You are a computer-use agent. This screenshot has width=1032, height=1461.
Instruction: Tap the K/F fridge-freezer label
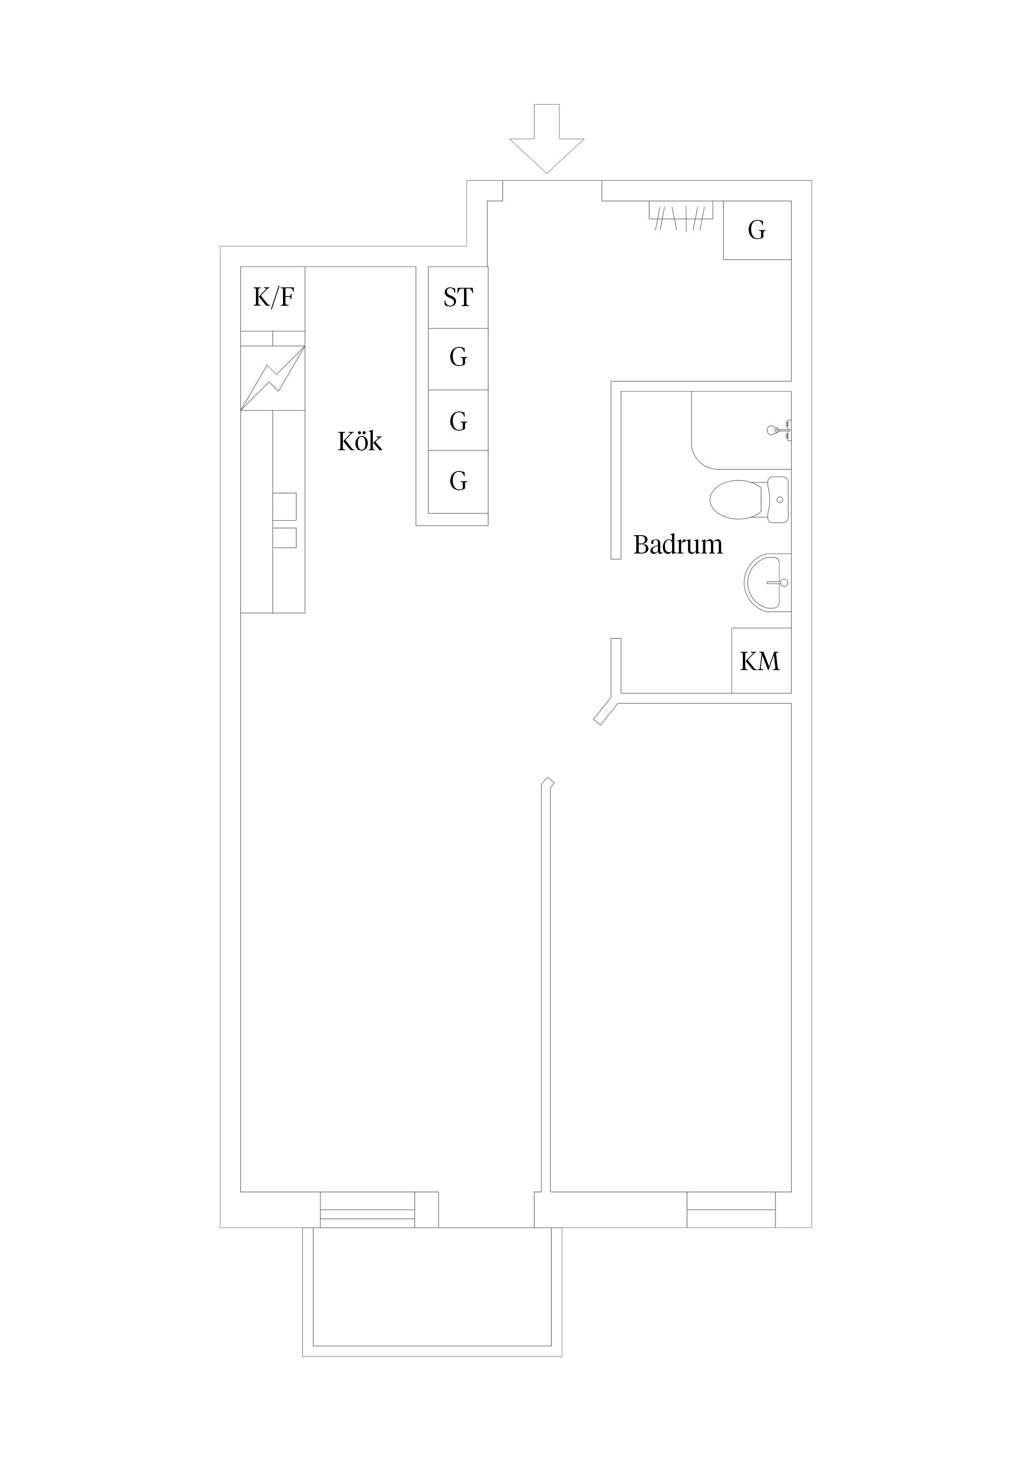(x=273, y=297)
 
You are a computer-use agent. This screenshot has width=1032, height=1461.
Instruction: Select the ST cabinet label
(x=458, y=297)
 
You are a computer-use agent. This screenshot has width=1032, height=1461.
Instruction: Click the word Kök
(x=360, y=441)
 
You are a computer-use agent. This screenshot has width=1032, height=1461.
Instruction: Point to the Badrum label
(x=678, y=545)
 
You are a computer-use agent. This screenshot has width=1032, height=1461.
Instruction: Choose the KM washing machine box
(x=761, y=661)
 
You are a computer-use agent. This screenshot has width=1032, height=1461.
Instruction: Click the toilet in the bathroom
(x=749, y=499)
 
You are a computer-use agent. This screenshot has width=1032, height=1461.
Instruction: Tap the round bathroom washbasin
(x=767, y=582)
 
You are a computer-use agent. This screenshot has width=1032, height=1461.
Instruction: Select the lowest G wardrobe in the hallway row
(x=458, y=482)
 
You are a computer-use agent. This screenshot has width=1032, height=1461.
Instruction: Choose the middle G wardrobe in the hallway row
(x=458, y=421)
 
